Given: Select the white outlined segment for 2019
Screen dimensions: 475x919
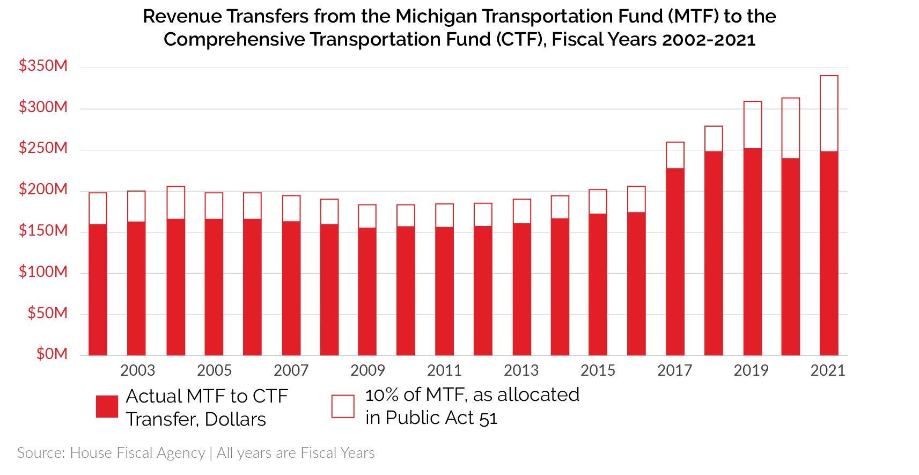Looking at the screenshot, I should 752,125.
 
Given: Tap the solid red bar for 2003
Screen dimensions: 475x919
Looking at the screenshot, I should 136,288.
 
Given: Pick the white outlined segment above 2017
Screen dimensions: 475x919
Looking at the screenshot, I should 675,156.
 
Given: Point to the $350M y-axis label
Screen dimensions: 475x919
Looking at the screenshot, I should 43,66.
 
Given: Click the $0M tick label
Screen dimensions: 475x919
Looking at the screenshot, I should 52,354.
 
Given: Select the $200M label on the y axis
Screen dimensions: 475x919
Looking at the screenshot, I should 43,189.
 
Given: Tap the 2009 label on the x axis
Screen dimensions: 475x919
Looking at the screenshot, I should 367,370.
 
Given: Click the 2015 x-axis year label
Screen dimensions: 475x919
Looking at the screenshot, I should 598,370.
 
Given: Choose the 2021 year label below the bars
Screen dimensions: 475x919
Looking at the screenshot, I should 828,370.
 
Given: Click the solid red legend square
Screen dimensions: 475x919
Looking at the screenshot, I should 107,406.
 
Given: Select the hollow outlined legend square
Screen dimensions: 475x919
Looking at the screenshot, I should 343,406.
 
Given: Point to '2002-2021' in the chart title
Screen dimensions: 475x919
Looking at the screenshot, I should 709,40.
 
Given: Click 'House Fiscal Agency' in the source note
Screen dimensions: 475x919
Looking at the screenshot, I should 137,453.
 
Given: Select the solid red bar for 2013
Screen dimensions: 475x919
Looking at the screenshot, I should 521,289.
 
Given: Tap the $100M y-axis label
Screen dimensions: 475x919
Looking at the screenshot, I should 43,272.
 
